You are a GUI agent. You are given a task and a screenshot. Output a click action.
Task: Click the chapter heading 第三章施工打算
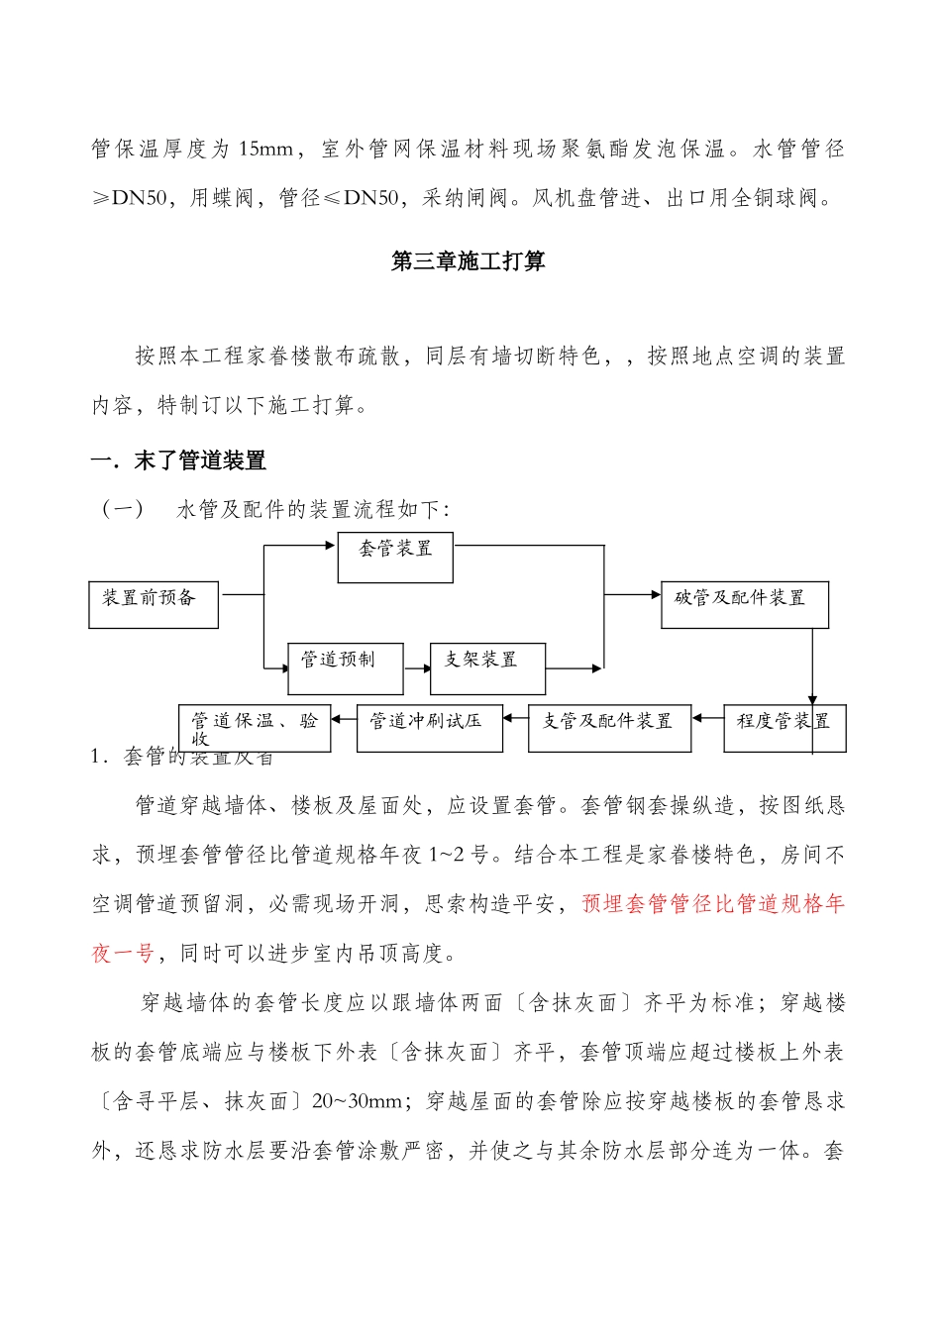pos(468,261)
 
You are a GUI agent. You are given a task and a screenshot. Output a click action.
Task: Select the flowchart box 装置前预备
pos(154,604)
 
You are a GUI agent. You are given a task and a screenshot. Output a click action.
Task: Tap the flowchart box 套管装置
pos(395,557)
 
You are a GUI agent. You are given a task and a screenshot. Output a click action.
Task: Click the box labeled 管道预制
pos(345,667)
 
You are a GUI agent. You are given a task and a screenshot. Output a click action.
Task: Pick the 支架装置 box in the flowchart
pos(487,667)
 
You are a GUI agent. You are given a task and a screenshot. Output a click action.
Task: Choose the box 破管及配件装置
pos(744,604)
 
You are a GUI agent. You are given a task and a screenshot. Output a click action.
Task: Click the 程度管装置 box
pos(784,728)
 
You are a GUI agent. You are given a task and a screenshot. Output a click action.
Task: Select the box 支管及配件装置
pos(609,728)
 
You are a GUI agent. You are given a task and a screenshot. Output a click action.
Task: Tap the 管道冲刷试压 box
pos(429,728)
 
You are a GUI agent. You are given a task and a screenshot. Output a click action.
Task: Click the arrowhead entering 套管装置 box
pos(331,545)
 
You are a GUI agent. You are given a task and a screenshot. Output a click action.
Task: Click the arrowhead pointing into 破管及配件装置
pos(655,594)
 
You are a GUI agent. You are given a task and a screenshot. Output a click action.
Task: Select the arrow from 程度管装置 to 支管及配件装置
pos(707,718)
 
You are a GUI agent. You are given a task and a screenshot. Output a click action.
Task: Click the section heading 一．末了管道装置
pos(178,461)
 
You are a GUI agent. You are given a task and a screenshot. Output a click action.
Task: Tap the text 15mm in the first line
pos(265,150)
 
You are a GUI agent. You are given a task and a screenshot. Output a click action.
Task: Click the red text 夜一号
pos(123,954)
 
